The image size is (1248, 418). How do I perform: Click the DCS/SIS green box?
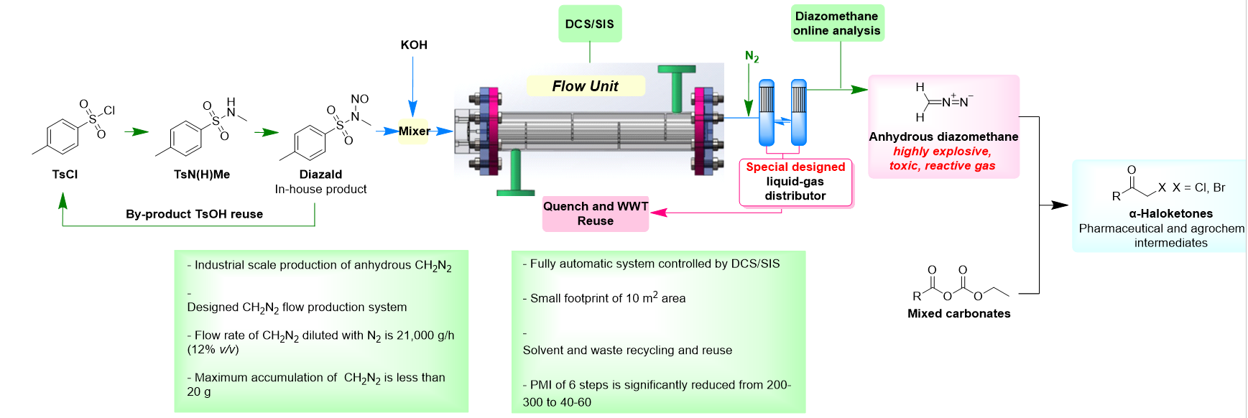click(x=589, y=24)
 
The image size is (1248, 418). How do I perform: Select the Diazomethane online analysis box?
click(x=836, y=24)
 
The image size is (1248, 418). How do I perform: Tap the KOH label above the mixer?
click(x=414, y=45)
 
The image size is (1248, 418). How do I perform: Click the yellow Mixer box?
click(x=414, y=131)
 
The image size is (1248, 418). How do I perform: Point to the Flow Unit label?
click(x=585, y=86)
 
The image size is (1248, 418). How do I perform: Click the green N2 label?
click(x=752, y=57)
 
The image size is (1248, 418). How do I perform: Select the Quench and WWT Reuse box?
click(x=595, y=213)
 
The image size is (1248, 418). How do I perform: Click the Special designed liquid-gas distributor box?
click(x=795, y=182)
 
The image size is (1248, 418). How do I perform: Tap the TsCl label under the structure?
click(x=65, y=174)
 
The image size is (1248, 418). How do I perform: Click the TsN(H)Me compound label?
click(x=202, y=174)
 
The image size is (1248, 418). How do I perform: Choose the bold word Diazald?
click(x=320, y=174)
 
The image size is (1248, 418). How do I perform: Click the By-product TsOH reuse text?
click(x=194, y=214)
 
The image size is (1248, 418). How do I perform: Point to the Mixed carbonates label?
click(x=958, y=313)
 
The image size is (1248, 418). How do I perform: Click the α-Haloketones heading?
click(x=1170, y=213)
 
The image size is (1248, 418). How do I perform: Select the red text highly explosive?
click(x=942, y=152)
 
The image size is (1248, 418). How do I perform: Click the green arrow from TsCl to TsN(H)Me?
click(x=136, y=131)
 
